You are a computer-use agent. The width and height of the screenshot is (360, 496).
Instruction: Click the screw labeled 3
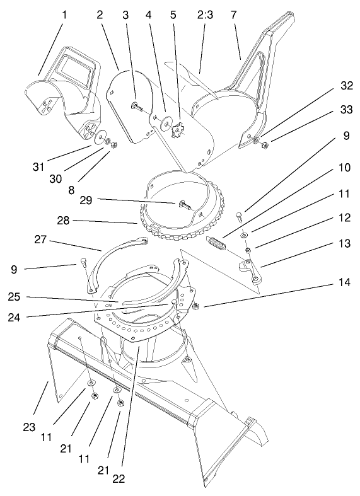(x=136, y=105)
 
